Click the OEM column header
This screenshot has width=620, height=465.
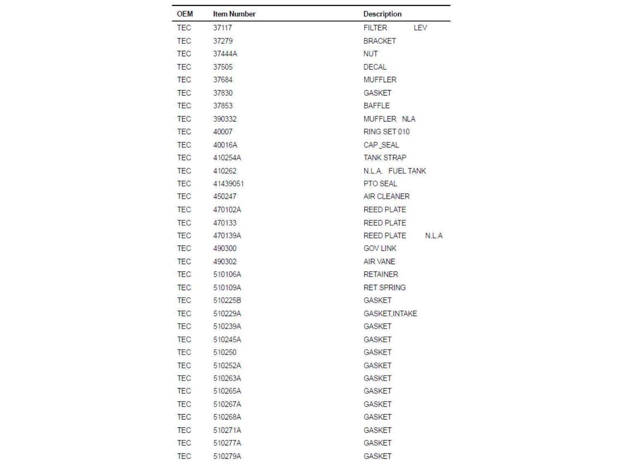click(185, 14)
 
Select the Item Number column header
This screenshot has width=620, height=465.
click(234, 14)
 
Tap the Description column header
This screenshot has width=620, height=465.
click(382, 14)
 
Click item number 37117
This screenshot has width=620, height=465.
click(222, 28)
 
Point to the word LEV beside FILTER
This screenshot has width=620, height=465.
click(420, 28)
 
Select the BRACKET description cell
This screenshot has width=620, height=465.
click(379, 41)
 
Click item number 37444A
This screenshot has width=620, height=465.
click(225, 54)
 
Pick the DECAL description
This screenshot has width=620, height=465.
click(375, 67)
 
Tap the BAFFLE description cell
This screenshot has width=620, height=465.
click(376, 106)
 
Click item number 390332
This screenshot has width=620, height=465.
click(225, 119)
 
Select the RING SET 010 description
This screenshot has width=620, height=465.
click(386, 132)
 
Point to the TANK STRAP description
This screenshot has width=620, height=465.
click(385, 158)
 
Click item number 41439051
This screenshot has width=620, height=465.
click(228, 184)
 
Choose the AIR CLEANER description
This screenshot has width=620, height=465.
click(386, 196)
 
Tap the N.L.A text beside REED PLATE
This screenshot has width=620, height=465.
click(434, 236)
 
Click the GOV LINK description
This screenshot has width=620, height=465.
click(380, 248)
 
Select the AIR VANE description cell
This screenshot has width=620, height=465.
click(379, 262)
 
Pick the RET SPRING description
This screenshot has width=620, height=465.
click(384, 288)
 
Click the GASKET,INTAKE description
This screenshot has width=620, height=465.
click(390, 314)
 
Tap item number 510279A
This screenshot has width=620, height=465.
click(227, 456)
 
